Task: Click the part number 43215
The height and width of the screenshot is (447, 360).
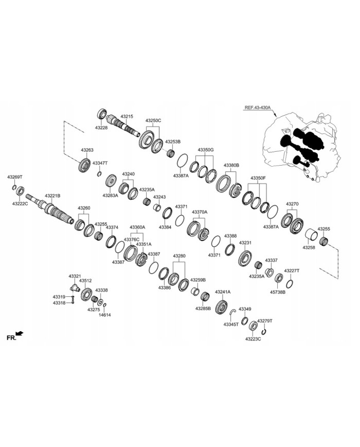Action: tap(127, 117)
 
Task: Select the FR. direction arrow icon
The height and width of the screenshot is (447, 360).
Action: tap(20, 334)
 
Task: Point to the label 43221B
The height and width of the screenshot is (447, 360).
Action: tap(52, 195)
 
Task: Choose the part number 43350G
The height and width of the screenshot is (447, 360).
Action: tap(205, 150)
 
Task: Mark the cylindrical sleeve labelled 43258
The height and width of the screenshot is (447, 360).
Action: tap(312, 237)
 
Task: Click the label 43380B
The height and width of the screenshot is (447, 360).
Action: tap(231, 165)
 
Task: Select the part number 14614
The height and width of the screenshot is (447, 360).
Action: tap(105, 314)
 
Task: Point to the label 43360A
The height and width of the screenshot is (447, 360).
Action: tap(137, 227)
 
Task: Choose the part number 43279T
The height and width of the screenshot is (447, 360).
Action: tap(265, 320)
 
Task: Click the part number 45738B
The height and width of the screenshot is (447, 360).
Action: tap(278, 292)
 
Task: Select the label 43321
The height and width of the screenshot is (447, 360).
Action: tap(75, 276)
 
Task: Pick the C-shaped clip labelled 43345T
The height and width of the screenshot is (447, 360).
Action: tap(233, 311)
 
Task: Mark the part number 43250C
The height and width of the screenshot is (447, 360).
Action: tap(153, 120)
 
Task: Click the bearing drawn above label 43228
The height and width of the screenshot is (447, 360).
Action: tap(102, 114)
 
